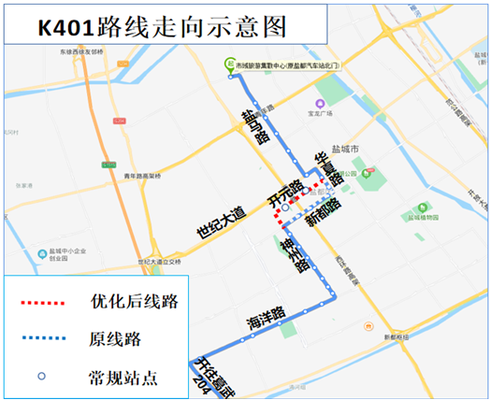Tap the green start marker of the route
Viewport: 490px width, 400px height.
230,64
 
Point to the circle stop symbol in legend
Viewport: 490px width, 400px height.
46,377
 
